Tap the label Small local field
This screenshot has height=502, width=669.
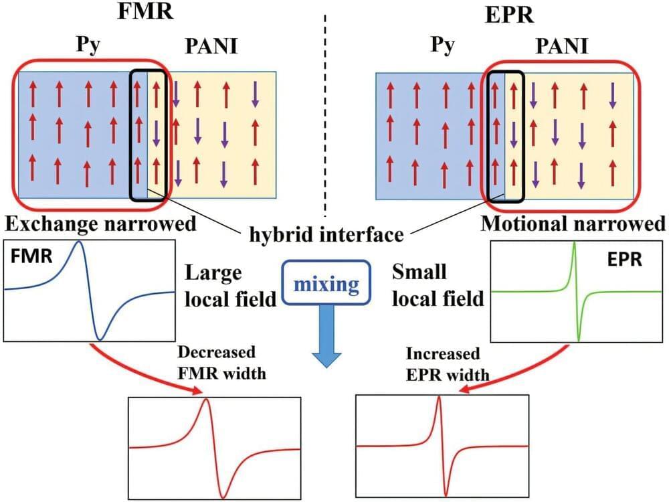coord(436,286)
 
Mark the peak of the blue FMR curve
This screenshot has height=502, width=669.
coord(80,242)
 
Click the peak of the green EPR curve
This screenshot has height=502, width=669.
coord(574,244)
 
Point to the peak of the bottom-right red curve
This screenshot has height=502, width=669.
coord(439,399)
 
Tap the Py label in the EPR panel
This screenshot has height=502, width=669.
coord(442,47)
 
